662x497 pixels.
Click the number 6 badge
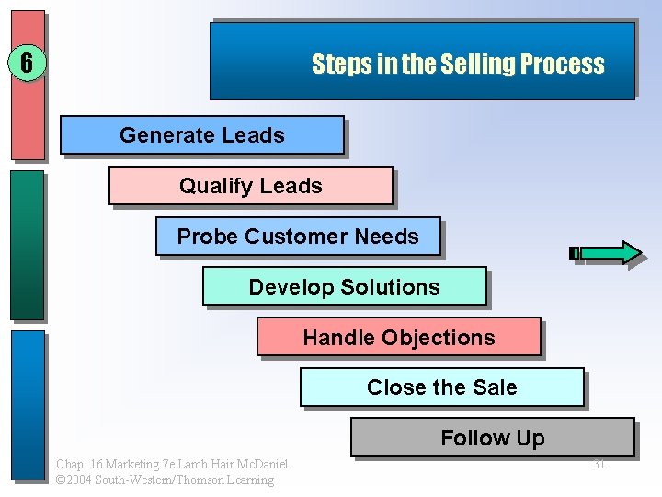click(27, 64)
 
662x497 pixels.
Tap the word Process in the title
click(563, 64)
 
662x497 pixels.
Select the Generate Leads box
click(202, 135)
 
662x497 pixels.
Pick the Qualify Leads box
click(251, 186)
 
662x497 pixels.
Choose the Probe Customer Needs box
click(298, 237)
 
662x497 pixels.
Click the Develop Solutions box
click(345, 287)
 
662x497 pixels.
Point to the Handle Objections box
click(399, 338)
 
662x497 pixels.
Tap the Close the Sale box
click(442, 387)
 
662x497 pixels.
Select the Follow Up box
click(493, 438)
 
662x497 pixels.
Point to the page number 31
click(599, 464)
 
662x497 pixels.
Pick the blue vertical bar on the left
click(28, 405)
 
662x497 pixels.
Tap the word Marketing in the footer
click(130, 464)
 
